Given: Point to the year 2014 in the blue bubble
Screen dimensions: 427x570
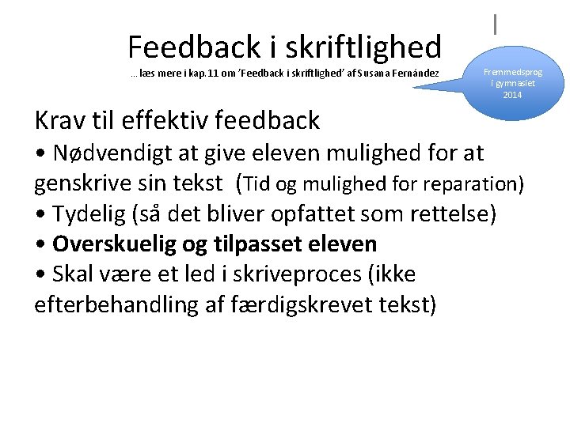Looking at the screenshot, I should point(512,95).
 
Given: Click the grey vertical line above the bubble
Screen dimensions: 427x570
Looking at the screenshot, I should point(496,24).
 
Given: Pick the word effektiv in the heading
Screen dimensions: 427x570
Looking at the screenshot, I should point(167,120).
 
